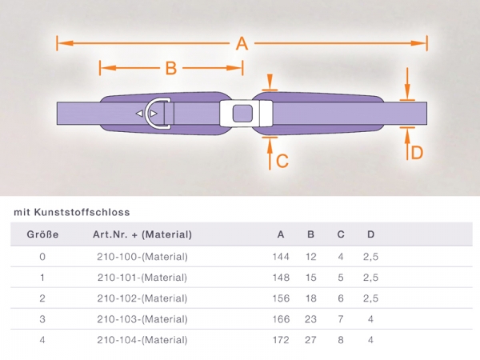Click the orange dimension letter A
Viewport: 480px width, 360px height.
point(242,43)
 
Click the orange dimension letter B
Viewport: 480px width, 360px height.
point(171,68)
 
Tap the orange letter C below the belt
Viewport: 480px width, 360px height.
point(282,161)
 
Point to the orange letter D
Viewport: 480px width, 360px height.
point(417,153)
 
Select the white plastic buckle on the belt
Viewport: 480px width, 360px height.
point(246,114)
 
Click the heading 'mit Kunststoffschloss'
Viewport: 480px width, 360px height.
point(72,212)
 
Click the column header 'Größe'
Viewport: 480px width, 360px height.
point(42,234)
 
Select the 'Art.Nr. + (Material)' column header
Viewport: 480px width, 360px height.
point(142,234)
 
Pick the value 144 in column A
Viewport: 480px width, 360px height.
point(281,257)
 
